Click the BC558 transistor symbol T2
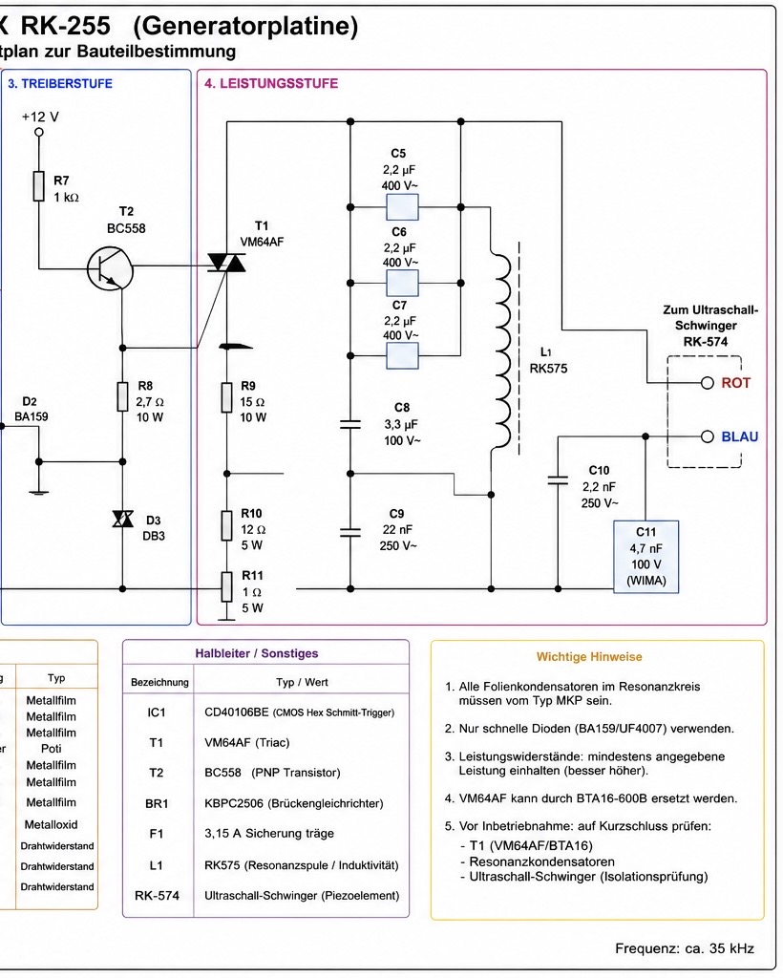click(x=111, y=268)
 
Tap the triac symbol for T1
click(x=226, y=263)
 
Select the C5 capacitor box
click(x=402, y=207)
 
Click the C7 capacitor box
click(x=402, y=356)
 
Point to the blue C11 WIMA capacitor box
click(x=645, y=557)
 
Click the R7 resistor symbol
click(x=39, y=186)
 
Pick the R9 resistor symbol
click(x=227, y=398)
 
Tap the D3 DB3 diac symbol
click(x=123, y=519)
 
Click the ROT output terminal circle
click(x=707, y=382)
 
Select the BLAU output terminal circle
click(x=707, y=436)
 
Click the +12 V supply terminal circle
click(x=39, y=132)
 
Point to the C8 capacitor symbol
click(x=350, y=425)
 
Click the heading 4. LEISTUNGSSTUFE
click(x=271, y=84)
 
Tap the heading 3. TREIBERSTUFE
click(x=60, y=84)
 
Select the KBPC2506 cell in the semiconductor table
click(x=294, y=803)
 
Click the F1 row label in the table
click(x=156, y=833)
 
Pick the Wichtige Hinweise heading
click(x=589, y=657)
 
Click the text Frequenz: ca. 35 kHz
click(x=685, y=948)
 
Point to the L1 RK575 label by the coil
click(x=548, y=360)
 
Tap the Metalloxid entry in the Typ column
click(x=52, y=824)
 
